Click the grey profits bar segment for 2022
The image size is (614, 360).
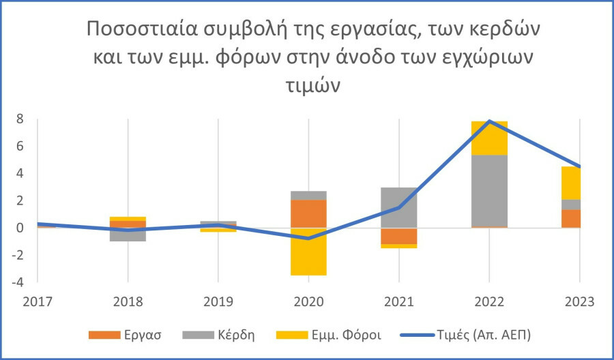click(x=489, y=191)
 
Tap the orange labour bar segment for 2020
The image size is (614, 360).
click(x=308, y=213)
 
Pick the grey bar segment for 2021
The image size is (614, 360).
click(x=398, y=207)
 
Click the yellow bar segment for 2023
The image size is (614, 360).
click(x=571, y=183)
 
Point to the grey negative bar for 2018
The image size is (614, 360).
click(x=128, y=235)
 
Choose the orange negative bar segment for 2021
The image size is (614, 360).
click(x=398, y=236)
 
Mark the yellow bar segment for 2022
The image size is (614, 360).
click(x=489, y=138)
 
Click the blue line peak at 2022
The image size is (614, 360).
click(x=489, y=121)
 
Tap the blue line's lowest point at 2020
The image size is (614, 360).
click(x=308, y=238)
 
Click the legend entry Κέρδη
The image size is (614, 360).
click(x=222, y=335)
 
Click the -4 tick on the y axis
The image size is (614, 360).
click(x=18, y=282)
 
